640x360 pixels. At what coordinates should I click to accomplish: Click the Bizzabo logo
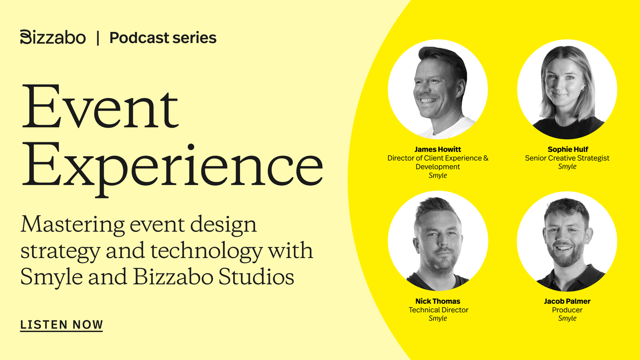pos(53,37)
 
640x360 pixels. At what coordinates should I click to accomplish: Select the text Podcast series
pos(163,38)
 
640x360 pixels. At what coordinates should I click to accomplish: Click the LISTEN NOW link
pos(62,325)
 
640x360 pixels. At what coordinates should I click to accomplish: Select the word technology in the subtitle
pos(206,251)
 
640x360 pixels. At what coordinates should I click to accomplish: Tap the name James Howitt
pos(437,149)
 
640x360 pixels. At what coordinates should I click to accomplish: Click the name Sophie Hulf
pos(568,149)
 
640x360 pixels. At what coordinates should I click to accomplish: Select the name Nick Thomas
pos(437,301)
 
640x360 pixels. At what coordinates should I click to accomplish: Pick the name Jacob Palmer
pos(567,301)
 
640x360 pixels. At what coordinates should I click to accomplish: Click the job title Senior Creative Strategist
pos(567,158)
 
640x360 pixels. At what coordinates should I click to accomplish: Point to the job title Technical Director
pos(438,310)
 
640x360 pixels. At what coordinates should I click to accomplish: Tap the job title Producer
pos(567,310)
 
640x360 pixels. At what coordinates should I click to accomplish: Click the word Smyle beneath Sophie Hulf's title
pos(567,166)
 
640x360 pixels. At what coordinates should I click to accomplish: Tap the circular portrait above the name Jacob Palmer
pos(567,241)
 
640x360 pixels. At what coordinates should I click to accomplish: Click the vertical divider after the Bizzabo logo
pos(98,38)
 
